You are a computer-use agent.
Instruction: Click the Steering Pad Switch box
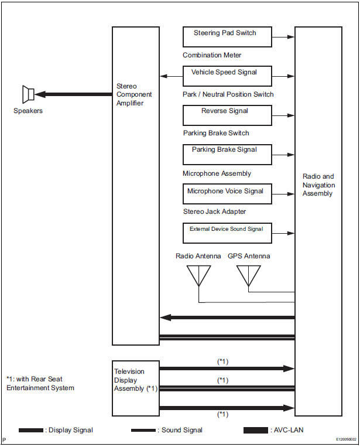tap(227, 37)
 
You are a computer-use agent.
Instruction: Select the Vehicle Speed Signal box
tap(227, 76)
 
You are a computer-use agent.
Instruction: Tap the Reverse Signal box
tap(227, 115)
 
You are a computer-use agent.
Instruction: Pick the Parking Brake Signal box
tap(227, 155)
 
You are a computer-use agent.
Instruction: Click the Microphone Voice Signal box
tap(227, 194)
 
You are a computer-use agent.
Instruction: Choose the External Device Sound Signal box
tap(227, 233)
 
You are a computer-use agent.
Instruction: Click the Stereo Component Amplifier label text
tap(134, 94)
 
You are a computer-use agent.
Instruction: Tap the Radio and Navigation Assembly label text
tap(318, 185)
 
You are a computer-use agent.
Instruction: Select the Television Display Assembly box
tap(136, 388)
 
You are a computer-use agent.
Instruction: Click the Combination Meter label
tap(212, 56)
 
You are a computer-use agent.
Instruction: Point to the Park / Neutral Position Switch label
tap(228, 94)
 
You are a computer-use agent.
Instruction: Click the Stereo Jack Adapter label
tap(214, 211)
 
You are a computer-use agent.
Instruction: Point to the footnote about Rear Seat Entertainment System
tap(40, 383)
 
